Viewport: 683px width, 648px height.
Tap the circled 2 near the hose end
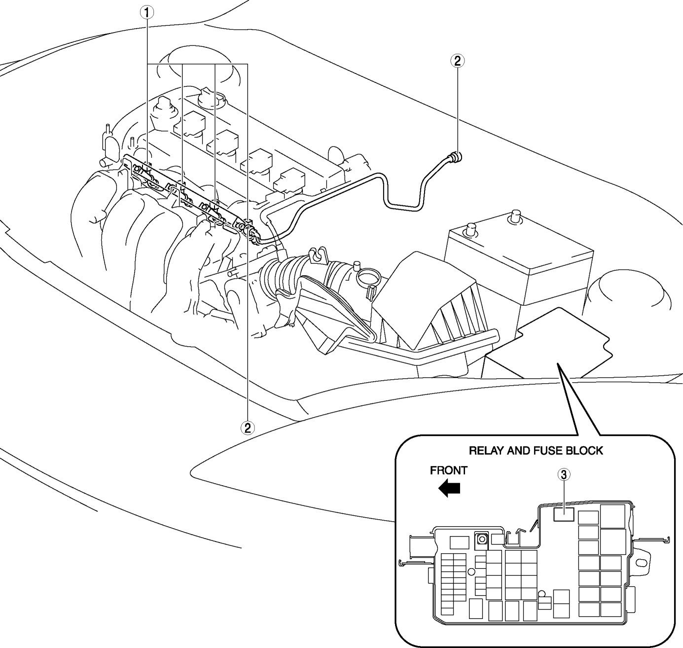pos(457,61)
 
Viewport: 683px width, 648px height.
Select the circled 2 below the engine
pos(248,428)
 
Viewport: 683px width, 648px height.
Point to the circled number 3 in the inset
pos(564,474)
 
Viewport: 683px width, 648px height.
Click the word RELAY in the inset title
pos(485,451)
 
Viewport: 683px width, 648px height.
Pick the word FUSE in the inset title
pos(549,451)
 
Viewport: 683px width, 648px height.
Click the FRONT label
pos(448,470)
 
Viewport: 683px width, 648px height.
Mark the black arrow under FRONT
pos(449,489)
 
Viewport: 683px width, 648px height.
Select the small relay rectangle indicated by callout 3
pos(564,514)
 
